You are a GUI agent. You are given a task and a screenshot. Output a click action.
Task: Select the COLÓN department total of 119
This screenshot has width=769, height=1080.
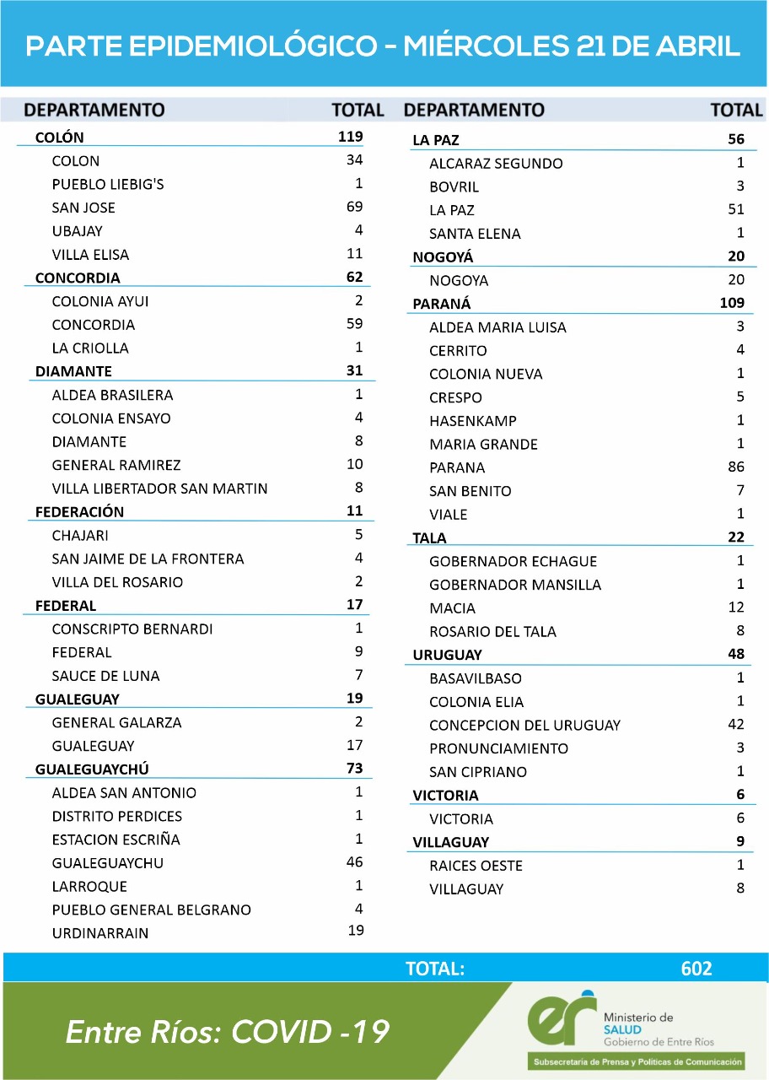pos(350,137)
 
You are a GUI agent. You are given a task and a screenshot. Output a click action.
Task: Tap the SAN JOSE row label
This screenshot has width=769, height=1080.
pos(83,208)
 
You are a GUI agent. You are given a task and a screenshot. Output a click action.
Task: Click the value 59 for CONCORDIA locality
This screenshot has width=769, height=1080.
pos(354,324)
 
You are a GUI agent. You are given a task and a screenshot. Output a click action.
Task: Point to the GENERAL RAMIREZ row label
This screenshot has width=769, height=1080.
pos(116,465)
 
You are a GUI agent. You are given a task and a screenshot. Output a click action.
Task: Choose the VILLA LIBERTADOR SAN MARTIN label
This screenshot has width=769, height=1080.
pos(159,489)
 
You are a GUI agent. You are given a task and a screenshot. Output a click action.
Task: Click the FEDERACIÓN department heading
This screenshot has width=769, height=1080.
pos(79,512)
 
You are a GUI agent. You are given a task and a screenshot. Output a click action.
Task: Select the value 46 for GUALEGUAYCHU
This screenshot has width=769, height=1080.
pos(354,861)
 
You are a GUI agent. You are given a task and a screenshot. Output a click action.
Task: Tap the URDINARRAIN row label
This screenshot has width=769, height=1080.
pos(100,933)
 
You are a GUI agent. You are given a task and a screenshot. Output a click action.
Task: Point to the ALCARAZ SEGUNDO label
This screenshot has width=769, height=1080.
pos(496,164)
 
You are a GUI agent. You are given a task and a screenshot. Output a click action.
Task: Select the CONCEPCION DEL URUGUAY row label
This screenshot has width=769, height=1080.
pos(524,726)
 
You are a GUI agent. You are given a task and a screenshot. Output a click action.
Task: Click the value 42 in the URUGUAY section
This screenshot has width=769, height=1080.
pos(735,724)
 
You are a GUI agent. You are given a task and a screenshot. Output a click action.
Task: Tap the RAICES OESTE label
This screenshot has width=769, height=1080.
pos(476,866)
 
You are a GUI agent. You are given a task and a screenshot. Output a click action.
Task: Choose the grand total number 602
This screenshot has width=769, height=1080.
pos(696,969)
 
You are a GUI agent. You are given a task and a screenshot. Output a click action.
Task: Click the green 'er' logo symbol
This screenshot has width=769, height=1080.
pos(562,1018)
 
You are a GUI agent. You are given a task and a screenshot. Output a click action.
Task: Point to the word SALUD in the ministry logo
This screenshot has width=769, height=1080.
pos(622,1029)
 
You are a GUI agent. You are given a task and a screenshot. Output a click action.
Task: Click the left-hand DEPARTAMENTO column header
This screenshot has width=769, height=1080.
pos(94,110)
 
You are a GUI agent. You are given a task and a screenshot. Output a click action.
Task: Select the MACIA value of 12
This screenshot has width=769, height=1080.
pos(736,607)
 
